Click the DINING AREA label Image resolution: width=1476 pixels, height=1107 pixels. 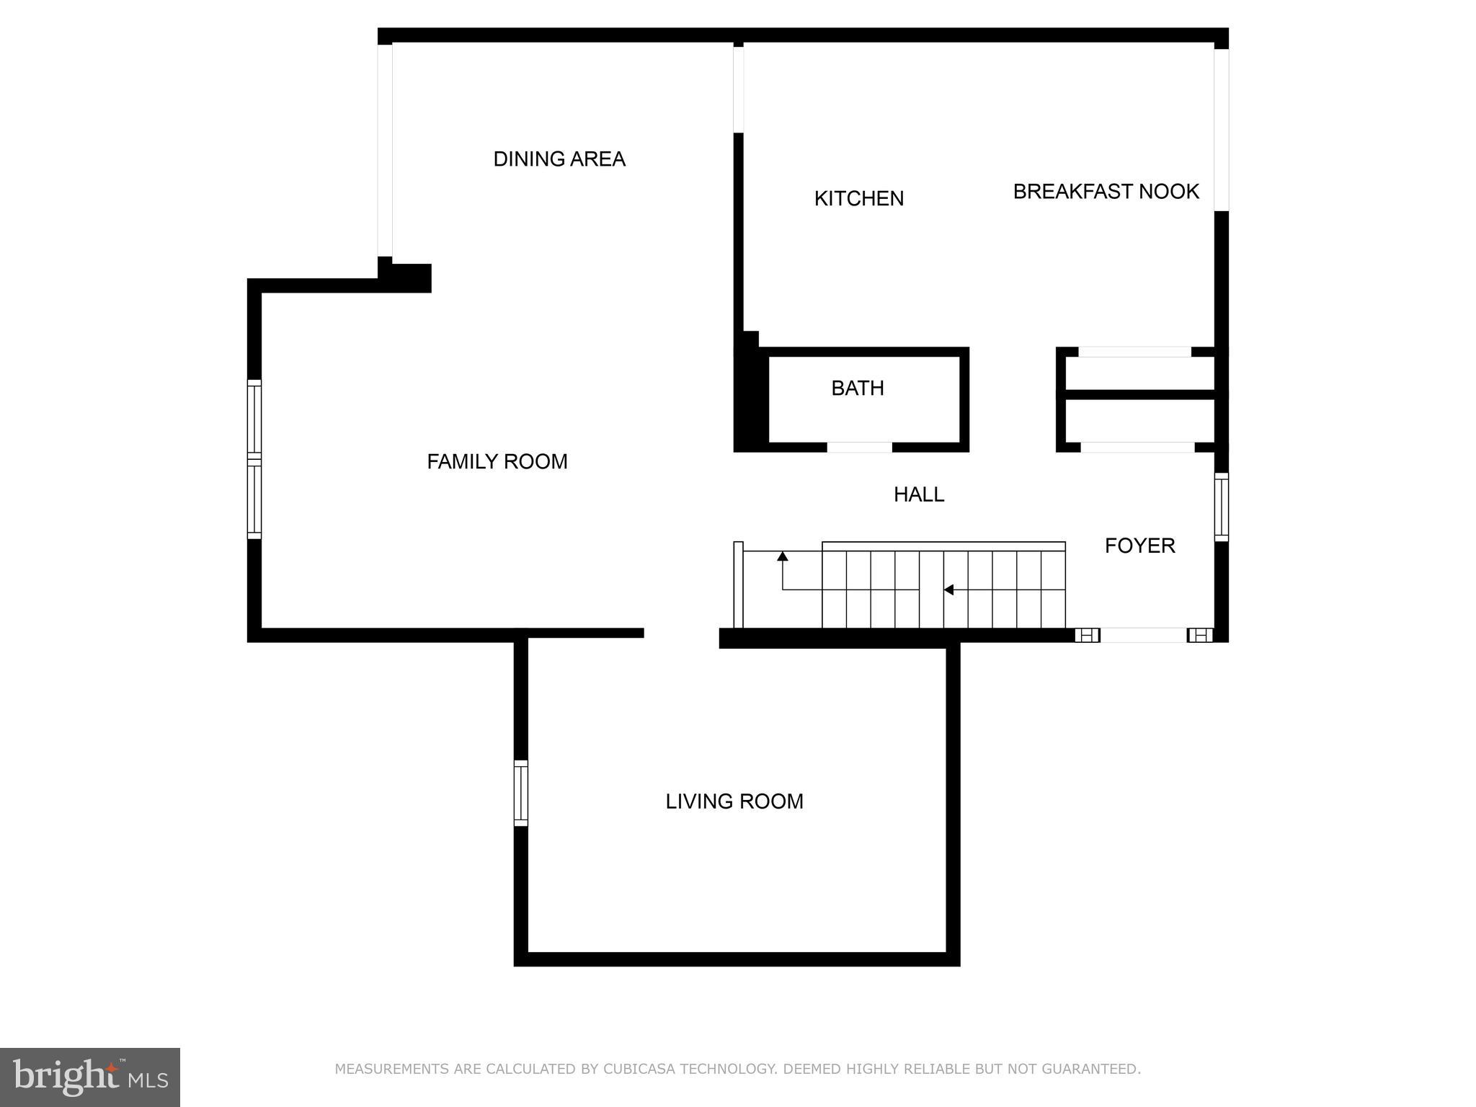tap(559, 159)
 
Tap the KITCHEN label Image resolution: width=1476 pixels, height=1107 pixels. tap(858, 199)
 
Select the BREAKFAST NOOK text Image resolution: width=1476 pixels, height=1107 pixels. tap(1106, 192)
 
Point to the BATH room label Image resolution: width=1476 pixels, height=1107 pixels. tap(857, 388)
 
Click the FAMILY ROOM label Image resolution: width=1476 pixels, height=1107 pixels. tap(497, 462)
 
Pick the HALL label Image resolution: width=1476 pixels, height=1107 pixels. tap(919, 495)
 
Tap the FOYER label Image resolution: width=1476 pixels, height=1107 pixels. tap(1139, 546)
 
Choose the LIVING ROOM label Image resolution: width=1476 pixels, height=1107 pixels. tap(734, 802)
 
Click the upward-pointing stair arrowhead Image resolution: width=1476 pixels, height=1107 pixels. tap(783, 556)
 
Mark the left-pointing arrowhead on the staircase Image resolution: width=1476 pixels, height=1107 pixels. tap(948, 590)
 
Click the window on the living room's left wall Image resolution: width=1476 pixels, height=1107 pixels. tap(520, 793)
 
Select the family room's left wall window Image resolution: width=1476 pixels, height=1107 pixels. tap(254, 459)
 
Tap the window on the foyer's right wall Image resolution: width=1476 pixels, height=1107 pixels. tap(1221, 507)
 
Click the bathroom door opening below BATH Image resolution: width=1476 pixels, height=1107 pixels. tap(859, 448)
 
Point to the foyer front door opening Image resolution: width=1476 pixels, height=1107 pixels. tap(1143, 635)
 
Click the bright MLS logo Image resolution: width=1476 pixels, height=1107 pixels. tap(90, 1077)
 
